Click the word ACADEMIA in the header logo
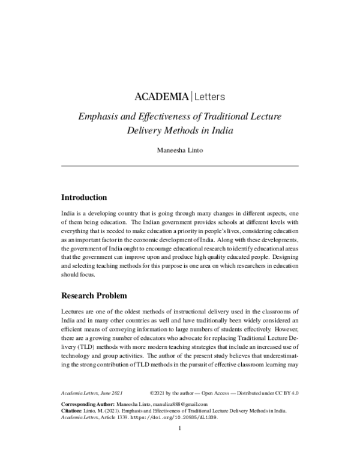[x=161, y=96]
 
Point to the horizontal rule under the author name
[x=180, y=166]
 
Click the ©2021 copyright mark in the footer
[x=159, y=392]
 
